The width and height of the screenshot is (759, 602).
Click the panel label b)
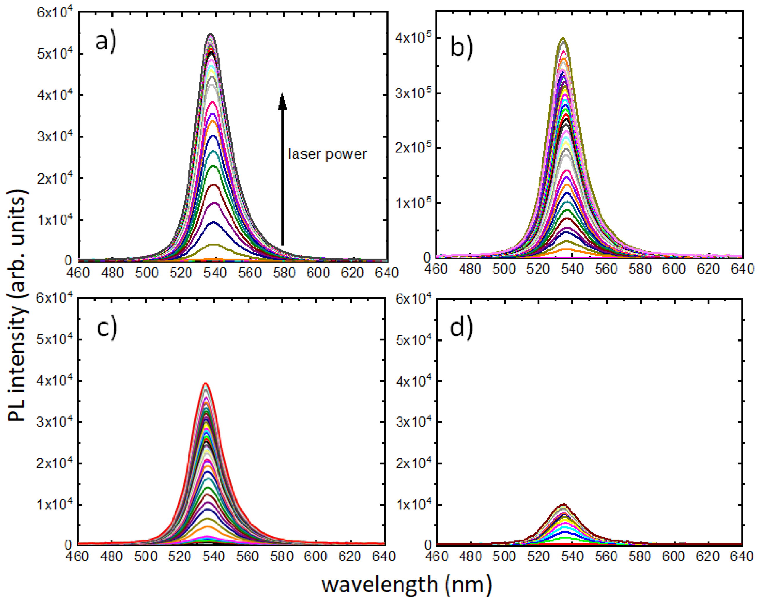[x=461, y=48]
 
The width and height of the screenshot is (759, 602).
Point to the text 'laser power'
[x=327, y=154]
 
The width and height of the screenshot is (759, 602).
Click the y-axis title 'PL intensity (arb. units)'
[x=17, y=306]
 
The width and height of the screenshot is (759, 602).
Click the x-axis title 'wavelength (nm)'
[x=406, y=584]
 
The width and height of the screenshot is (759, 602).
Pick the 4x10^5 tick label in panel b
[x=412, y=38]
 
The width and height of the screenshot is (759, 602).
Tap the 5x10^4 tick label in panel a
[x=55, y=53]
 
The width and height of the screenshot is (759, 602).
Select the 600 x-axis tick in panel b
[x=674, y=269]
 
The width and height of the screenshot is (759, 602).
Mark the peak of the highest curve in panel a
[x=211, y=35]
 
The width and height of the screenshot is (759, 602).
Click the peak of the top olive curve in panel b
[x=563, y=38]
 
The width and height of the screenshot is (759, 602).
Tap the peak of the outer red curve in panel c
[x=206, y=383]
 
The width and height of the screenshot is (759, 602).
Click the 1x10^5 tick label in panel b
[x=412, y=203]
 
